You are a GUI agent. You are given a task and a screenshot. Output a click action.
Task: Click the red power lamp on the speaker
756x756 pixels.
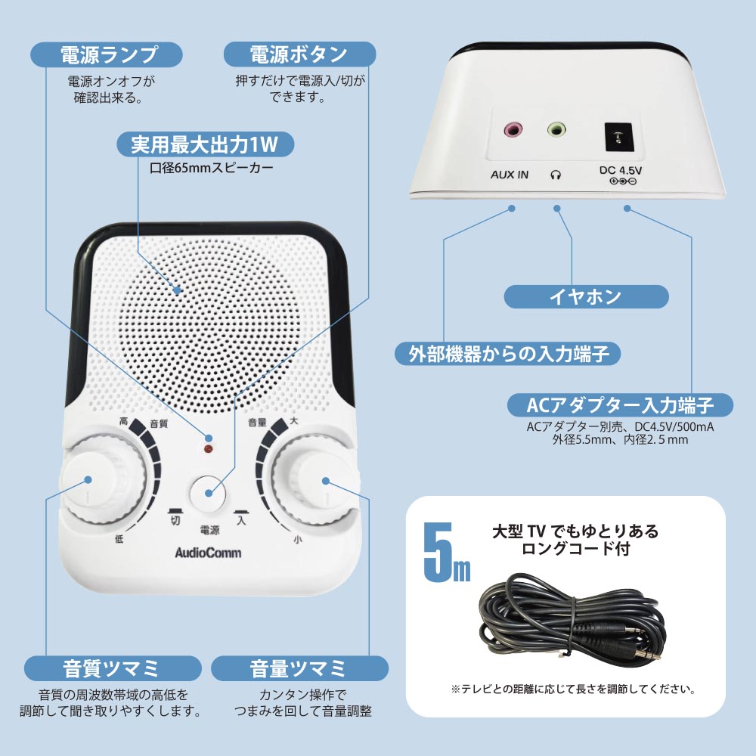[x=209, y=449]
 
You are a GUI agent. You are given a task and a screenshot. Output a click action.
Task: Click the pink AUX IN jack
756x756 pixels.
[x=513, y=129]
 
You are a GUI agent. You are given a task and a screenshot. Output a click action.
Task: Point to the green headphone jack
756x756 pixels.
[x=556, y=129]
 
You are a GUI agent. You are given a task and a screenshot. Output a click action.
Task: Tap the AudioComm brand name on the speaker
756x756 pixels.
[x=208, y=553]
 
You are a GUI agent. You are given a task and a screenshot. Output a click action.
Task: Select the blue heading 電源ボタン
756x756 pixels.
[x=299, y=54]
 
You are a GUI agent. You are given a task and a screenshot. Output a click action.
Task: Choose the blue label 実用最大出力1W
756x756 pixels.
[x=206, y=144]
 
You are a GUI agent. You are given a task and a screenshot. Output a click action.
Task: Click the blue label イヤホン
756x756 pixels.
[x=586, y=296]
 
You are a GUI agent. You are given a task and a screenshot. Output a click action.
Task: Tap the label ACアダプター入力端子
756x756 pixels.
[x=620, y=405]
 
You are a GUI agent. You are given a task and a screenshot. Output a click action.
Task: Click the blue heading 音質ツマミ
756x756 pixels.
[x=113, y=668]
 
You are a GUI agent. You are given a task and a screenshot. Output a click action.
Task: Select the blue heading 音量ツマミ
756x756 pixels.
[x=299, y=668]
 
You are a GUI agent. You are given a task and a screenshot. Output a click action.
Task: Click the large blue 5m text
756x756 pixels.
[x=446, y=553]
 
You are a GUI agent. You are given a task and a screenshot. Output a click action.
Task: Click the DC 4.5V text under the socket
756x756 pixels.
[x=621, y=170]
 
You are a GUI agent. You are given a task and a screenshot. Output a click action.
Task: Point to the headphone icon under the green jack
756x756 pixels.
[x=556, y=175]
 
